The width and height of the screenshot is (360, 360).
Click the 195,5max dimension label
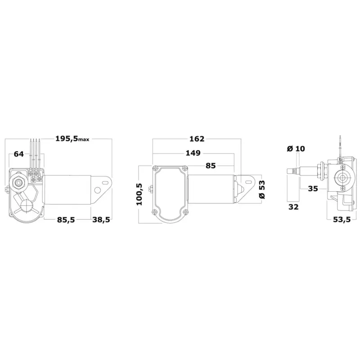(x=72, y=139)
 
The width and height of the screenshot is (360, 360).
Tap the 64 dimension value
(x=19, y=154)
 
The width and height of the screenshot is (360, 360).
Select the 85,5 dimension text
(x=66, y=220)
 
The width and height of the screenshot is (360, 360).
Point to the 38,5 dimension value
(x=101, y=220)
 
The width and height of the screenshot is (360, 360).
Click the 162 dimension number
(x=197, y=139)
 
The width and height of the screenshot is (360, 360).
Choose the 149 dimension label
(x=193, y=153)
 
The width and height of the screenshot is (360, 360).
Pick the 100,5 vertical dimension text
(x=139, y=194)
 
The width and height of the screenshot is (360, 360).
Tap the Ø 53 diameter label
(x=261, y=189)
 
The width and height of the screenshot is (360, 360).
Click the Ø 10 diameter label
(x=296, y=148)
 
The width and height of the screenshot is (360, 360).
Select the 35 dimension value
(x=313, y=189)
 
